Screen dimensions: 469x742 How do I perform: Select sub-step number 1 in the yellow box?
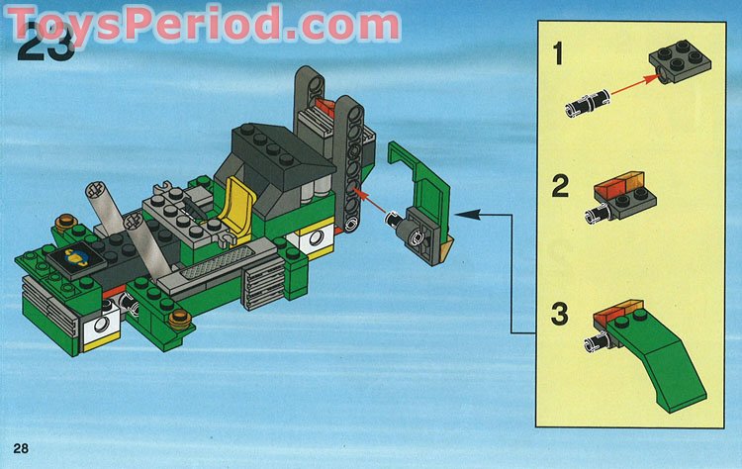coord(558,54)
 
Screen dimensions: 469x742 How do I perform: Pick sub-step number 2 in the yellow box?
coord(559,186)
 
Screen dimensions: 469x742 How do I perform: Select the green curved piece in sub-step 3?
coord(665,345)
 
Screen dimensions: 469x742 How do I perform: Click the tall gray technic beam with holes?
coord(347,158)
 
